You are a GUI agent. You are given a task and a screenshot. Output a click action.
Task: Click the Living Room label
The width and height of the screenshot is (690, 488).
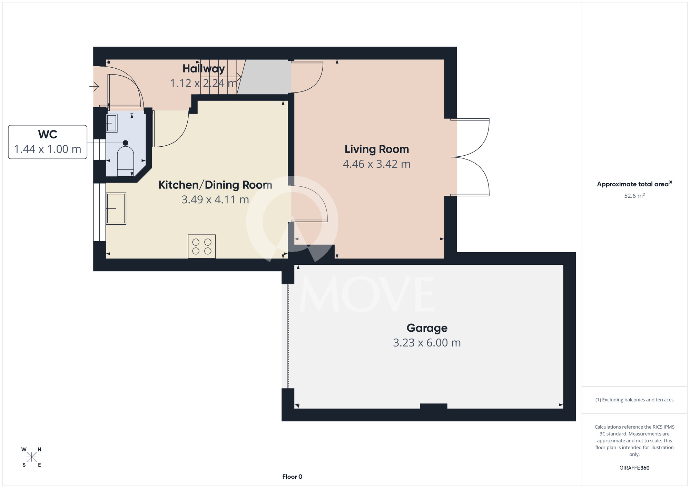377,149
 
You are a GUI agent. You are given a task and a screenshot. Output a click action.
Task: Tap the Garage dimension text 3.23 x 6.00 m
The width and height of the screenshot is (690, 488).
427,343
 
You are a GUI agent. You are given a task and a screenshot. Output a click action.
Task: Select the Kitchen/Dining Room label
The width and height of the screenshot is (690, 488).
215,185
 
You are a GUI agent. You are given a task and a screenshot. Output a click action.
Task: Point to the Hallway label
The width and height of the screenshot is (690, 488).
204,69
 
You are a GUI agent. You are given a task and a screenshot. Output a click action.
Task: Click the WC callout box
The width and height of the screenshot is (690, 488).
48,142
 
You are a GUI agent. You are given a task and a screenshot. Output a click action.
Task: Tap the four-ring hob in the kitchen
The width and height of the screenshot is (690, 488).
202,246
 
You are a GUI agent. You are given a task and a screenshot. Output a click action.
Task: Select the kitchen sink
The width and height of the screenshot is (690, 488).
116,208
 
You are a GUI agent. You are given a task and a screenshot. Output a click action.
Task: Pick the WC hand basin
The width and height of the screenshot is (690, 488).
112,123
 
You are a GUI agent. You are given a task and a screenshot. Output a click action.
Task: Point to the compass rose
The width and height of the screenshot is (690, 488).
31,457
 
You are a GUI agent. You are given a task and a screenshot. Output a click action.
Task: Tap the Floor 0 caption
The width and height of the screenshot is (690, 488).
292,477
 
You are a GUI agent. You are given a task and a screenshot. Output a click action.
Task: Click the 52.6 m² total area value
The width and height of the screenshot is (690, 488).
634,196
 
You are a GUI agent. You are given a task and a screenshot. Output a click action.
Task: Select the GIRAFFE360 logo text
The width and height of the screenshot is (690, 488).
634,468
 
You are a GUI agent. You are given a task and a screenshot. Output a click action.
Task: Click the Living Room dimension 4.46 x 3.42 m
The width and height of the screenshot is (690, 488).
377,164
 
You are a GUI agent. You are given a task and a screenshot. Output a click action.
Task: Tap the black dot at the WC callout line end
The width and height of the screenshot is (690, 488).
126,143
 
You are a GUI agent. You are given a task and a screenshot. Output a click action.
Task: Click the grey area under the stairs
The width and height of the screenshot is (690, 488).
264,77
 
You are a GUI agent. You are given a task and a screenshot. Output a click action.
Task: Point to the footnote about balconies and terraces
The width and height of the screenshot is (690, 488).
634,400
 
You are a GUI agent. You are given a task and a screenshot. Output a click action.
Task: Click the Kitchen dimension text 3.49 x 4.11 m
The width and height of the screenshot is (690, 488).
215,199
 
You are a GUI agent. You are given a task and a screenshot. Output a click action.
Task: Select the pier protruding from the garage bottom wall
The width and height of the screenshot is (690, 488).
434,406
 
